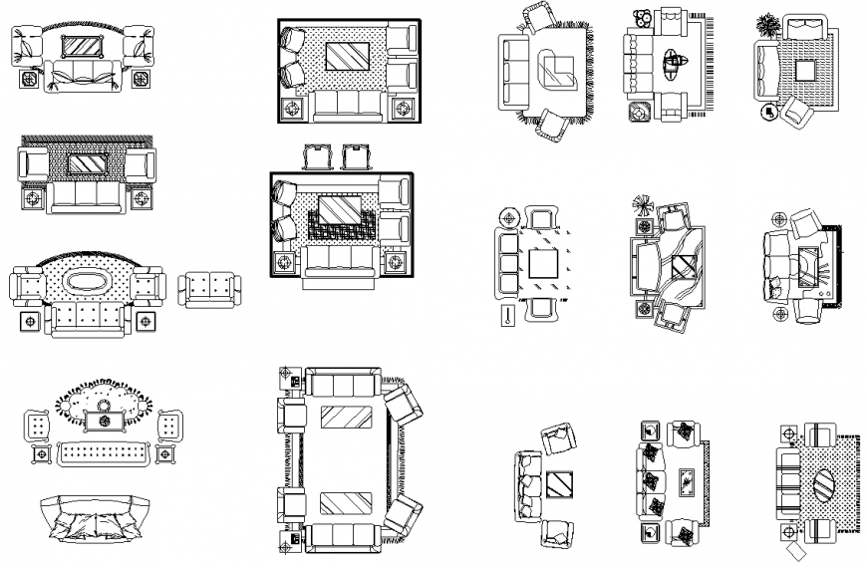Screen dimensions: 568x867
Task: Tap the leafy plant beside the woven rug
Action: pos(768,25)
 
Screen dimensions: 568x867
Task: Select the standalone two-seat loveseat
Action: pos(209,289)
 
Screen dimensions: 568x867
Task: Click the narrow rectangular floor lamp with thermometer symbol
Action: pos(508,317)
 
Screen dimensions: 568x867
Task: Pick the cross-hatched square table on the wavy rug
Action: pos(683,267)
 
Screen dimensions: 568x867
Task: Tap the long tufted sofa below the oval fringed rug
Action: pos(105,454)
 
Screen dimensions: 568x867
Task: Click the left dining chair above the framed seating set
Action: pos(317,157)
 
